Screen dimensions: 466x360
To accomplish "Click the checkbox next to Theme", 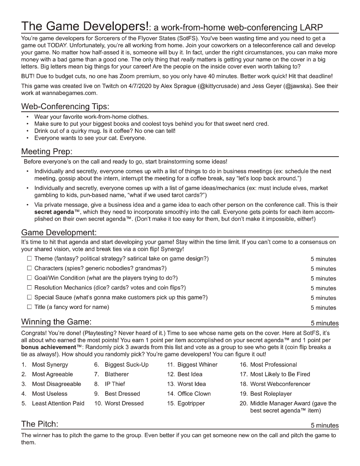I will pyautogui.click(x=29, y=258).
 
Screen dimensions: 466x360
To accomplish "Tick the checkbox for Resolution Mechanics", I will pyautogui.click(x=29, y=287).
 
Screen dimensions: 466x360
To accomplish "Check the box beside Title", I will pyautogui.click(x=29, y=307).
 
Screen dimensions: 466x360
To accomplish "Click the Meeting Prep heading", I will pyautogui.click(x=47, y=151).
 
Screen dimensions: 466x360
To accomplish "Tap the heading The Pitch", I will pyautogui.click(x=40, y=424).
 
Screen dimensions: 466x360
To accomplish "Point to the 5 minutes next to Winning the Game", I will pyautogui.click(x=325, y=323).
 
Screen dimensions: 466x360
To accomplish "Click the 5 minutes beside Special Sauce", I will pyautogui.click(x=323, y=298).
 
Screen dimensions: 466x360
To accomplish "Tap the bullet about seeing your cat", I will pyautogui.click(x=90, y=138).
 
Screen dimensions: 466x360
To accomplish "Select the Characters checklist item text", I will pyautogui.click(x=100, y=268).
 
